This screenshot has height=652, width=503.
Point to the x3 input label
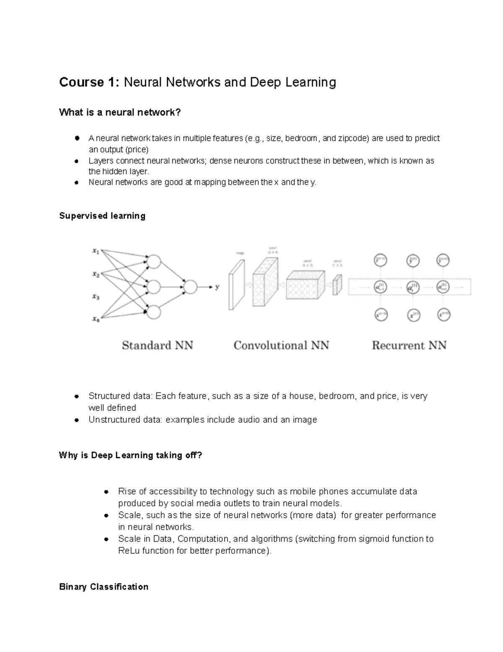96,297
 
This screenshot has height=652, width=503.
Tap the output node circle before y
190,287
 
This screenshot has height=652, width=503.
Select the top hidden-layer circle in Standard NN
154,262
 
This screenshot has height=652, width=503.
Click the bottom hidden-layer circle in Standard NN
154,312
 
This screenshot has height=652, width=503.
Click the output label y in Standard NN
217,288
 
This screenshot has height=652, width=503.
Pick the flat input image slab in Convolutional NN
236,285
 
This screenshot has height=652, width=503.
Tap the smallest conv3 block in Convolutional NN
337,285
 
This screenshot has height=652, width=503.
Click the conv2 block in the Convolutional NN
306,285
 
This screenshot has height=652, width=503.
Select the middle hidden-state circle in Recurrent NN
412,288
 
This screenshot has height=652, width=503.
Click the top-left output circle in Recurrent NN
381,260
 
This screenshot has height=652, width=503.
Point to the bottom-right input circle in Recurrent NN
443,315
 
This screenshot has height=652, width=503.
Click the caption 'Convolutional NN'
281,346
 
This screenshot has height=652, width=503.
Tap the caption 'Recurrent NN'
409,346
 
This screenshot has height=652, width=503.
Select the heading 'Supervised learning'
102,216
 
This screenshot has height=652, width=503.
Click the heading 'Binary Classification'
104,587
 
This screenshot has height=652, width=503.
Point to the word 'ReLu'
129,551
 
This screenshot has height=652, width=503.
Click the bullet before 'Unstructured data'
77,420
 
